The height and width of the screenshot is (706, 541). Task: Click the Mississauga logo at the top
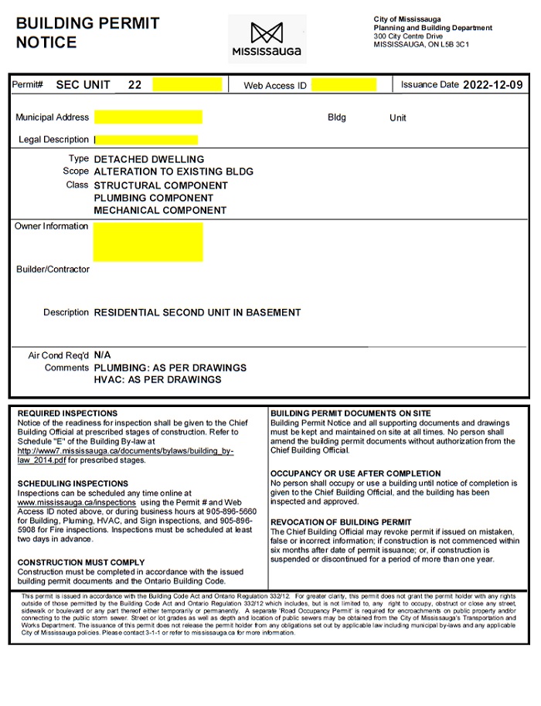click(267, 39)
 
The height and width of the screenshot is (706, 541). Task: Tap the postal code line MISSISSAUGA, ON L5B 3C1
click(421, 45)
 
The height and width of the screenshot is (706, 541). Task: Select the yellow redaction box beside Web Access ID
click(344, 85)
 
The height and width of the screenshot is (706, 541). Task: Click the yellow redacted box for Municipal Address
click(148, 117)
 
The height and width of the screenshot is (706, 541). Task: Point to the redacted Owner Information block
click(148, 242)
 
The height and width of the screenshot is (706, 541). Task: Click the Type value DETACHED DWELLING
click(148, 159)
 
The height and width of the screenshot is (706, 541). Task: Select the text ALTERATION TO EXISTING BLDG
click(173, 171)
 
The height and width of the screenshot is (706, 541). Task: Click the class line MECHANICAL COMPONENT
click(160, 210)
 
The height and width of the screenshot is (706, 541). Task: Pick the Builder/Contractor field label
click(53, 270)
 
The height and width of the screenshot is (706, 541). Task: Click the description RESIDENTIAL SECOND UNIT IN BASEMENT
click(197, 313)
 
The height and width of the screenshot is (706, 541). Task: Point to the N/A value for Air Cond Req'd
click(102, 355)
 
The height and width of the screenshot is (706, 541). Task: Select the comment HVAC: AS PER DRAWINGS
click(157, 379)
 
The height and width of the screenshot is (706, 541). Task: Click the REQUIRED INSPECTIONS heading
click(67, 414)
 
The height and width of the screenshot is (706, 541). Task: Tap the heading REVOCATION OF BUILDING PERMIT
click(341, 522)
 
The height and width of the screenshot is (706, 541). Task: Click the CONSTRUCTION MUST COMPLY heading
click(80, 562)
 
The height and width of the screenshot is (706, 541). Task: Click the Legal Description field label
click(53, 140)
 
